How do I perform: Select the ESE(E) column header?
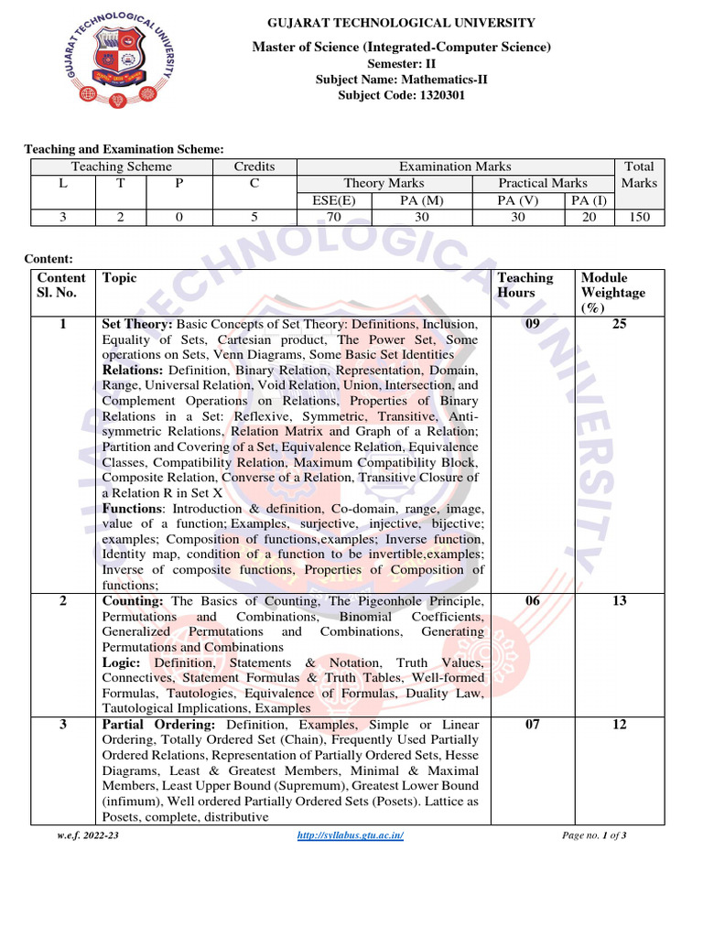pos(334,200)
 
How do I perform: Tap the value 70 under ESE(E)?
pos(334,217)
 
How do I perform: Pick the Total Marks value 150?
pos(639,217)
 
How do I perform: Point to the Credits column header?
pos(254,167)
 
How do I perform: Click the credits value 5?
pos(254,217)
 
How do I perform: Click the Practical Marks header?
pos(543,183)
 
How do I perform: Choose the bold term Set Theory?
pos(137,324)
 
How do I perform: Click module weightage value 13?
pos(619,601)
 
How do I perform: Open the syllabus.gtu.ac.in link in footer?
pos(351,836)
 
